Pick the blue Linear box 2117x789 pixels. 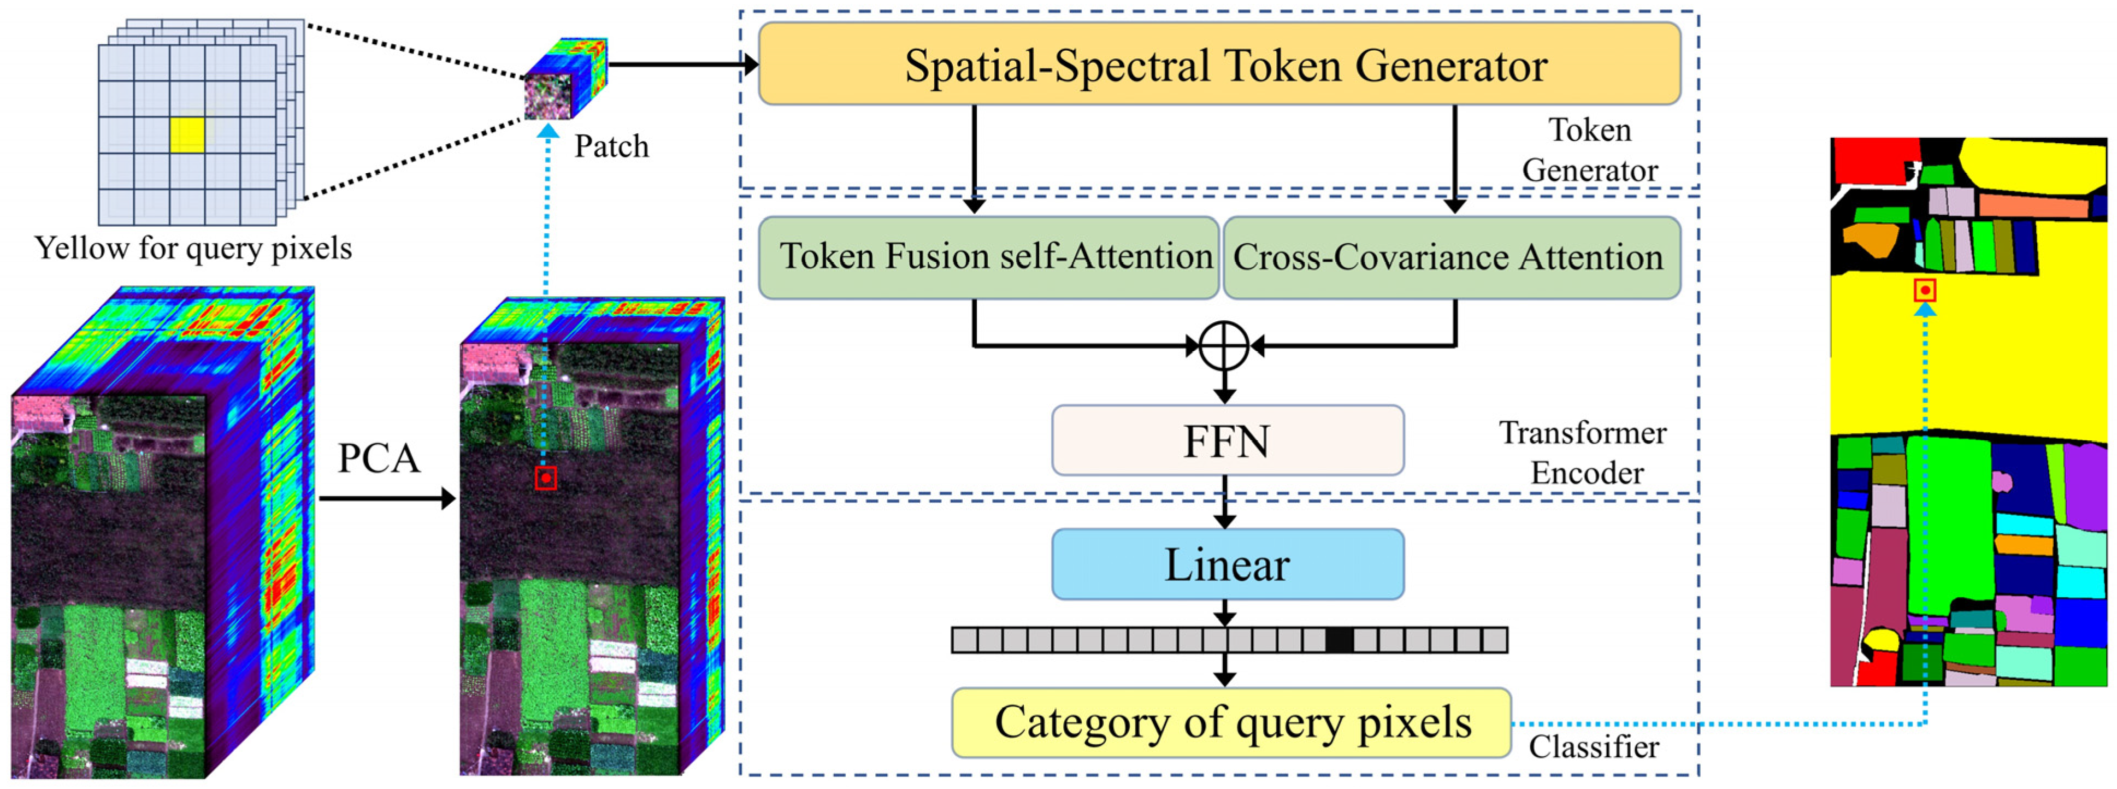tap(1227, 564)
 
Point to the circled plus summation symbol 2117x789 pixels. tap(1224, 346)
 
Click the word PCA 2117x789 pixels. tap(379, 458)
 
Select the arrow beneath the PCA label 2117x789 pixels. tap(386, 498)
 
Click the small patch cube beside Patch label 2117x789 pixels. tap(565, 78)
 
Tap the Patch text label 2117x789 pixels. tap(611, 146)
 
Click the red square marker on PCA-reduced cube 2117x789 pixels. tap(546, 478)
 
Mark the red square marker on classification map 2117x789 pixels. tap(1925, 290)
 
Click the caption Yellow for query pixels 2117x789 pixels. tap(193, 248)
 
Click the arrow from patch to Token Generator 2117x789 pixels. tap(682, 64)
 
